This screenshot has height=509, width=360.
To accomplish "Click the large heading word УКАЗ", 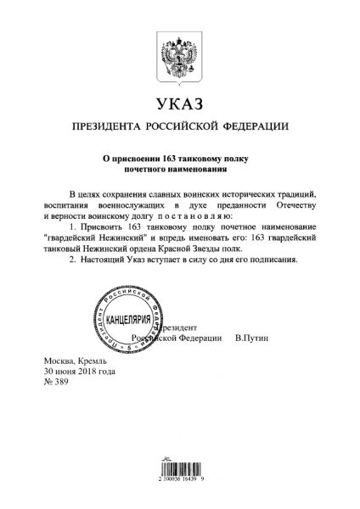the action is pyautogui.click(x=179, y=106).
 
